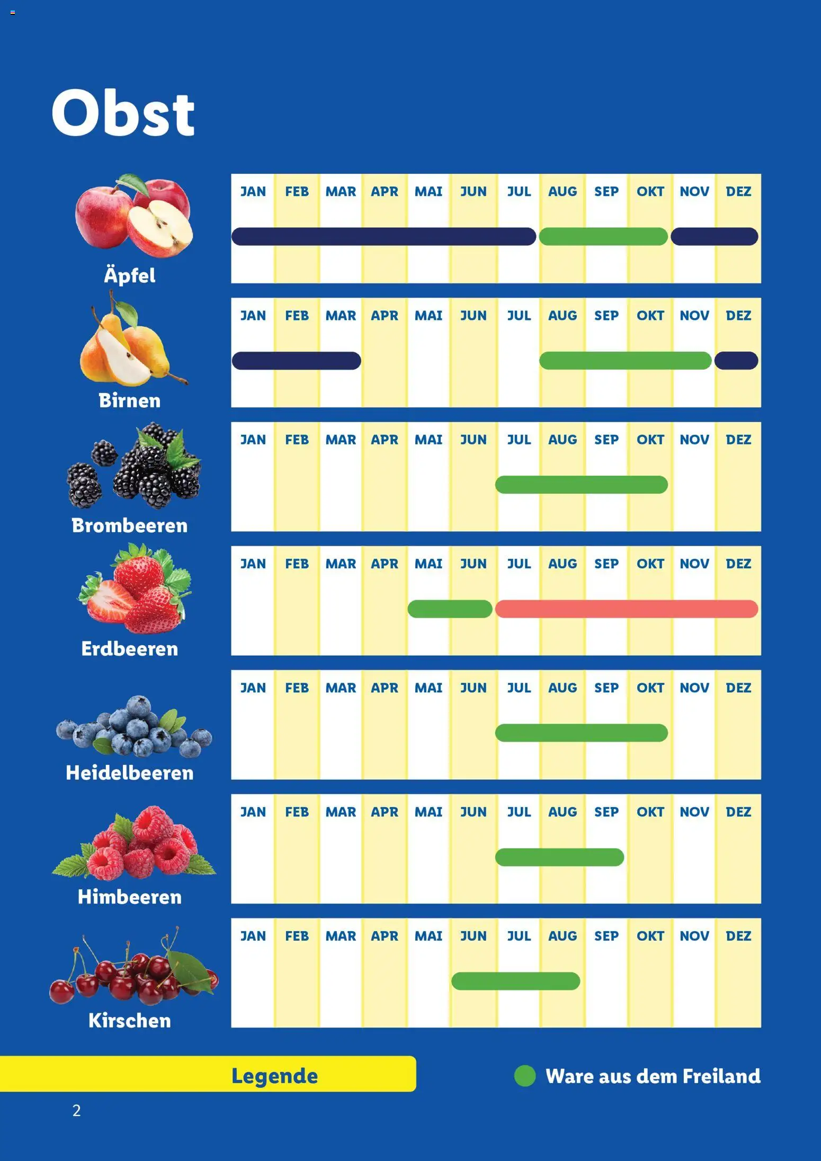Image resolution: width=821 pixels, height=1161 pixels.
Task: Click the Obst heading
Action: tap(123, 112)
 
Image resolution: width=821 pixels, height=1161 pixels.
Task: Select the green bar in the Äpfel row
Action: tap(603, 236)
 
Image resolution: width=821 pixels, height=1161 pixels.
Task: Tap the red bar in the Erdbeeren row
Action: tap(626, 609)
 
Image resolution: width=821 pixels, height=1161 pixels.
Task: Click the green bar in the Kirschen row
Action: tap(515, 981)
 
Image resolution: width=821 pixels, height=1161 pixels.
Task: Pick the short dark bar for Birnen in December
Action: tap(736, 361)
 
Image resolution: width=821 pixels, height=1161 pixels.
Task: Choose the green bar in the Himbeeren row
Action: tap(559, 857)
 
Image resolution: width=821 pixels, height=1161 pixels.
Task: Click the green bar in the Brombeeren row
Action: tap(581, 485)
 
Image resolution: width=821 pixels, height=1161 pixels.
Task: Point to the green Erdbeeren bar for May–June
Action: tap(450, 609)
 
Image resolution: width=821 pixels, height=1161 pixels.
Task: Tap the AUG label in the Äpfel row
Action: tap(563, 192)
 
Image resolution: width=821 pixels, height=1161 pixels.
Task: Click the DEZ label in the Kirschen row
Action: tap(738, 936)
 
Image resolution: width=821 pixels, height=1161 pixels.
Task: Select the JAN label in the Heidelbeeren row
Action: tap(253, 688)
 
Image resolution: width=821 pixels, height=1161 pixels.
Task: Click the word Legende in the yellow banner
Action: tap(274, 1076)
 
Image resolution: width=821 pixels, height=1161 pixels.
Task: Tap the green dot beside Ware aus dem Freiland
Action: tap(525, 1076)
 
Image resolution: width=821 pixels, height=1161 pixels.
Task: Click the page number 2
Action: tap(77, 1110)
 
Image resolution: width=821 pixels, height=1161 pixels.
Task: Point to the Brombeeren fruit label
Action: tap(130, 525)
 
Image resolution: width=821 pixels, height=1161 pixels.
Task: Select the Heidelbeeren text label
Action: tap(130, 773)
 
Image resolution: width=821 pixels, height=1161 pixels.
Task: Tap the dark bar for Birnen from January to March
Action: tap(296, 361)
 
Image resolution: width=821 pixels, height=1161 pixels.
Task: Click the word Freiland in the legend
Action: tap(721, 1076)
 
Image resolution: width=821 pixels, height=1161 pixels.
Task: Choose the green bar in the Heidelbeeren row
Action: tap(581, 733)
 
